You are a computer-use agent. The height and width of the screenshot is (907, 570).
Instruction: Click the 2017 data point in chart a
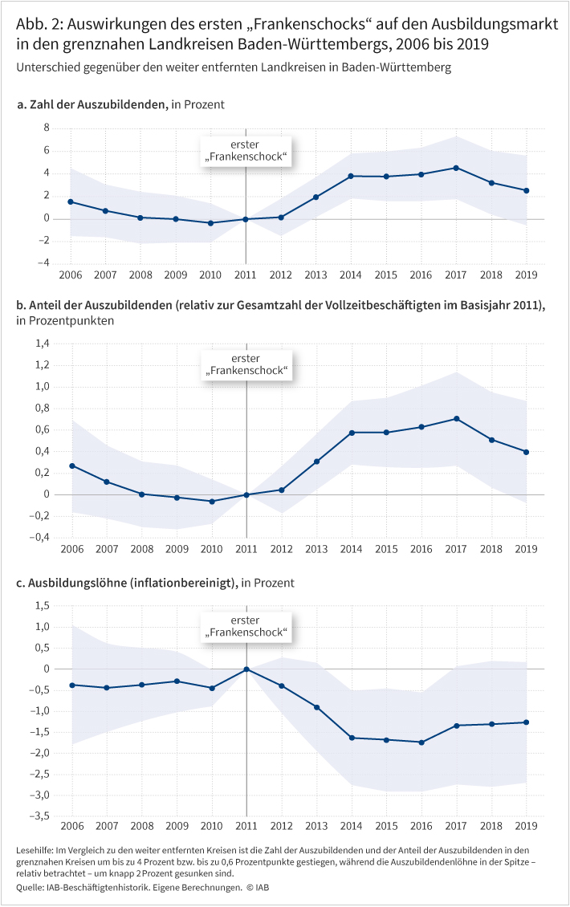[x=456, y=168]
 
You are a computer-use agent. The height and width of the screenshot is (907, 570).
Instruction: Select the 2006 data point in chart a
[x=71, y=201]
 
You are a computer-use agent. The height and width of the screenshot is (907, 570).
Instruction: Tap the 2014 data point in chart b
[x=351, y=433]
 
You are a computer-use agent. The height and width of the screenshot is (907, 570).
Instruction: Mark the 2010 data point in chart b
[x=211, y=502]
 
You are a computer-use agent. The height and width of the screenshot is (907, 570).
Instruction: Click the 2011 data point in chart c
[x=246, y=669]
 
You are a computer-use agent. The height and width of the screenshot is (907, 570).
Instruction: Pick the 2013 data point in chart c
[x=316, y=707]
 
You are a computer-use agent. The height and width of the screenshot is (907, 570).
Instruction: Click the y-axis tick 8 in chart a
[x=47, y=128]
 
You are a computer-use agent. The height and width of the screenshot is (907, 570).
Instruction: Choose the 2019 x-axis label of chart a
[x=526, y=275]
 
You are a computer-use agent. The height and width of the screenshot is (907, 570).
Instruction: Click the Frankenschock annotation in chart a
[x=246, y=151]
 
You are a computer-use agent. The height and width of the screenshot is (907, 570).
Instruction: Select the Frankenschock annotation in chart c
[x=246, y=628]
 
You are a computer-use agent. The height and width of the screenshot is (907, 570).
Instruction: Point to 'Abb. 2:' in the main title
[x=38, y=23]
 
